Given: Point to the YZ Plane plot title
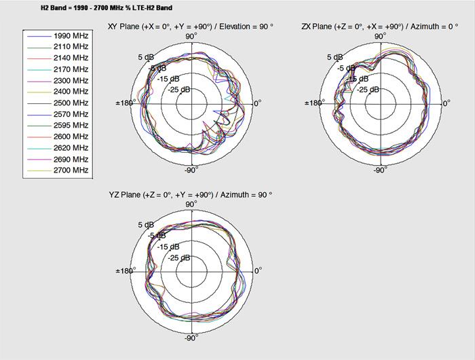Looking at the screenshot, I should [190, 194].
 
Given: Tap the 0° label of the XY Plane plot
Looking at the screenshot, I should [257, 103].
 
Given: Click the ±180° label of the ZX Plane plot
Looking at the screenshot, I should [313, 103].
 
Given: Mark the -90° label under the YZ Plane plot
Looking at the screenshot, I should [191, 338].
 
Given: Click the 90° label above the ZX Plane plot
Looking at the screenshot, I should [381, 35].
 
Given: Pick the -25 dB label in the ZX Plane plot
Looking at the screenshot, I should [371, 89].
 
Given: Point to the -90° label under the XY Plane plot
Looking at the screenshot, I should [191, 170].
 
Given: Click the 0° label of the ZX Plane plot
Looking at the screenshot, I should [446, 103].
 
